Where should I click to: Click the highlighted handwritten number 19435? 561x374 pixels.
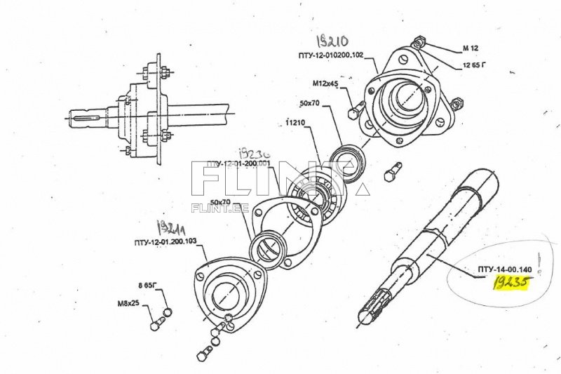coord(511,282)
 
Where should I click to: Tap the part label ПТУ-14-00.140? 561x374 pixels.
coord(506,269)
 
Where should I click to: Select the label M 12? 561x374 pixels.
coord(470,48)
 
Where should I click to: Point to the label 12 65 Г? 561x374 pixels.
coord(474,65)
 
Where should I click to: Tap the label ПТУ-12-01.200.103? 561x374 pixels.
coord(165,241)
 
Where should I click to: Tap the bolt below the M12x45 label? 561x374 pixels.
coord(355,111)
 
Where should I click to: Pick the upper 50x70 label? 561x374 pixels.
coord(309,104)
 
